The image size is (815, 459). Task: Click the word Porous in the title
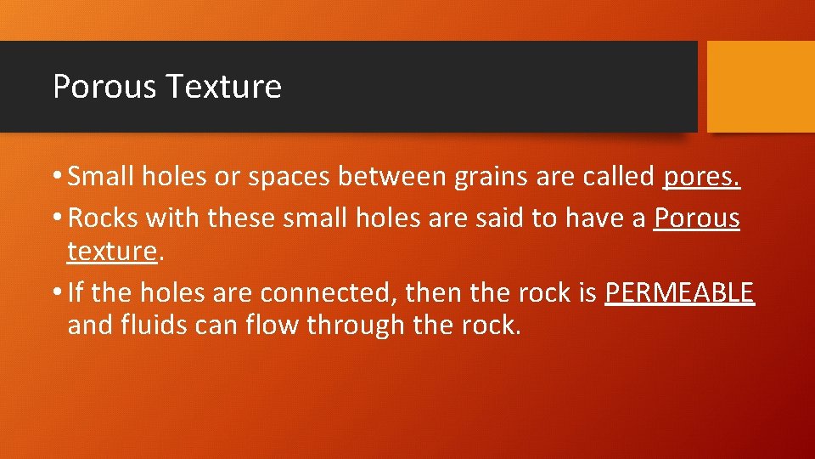click(x=104, y=87)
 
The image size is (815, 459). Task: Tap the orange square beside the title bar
click(x=761, y=87)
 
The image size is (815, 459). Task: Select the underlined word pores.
click(x=702, y=178)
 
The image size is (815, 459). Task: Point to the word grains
click(x=489, y=177)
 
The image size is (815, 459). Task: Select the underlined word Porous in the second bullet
click(x=696, y=218)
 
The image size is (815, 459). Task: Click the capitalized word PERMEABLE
click(x=679, y=293)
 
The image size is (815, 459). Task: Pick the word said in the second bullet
click(x=496, y=218)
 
